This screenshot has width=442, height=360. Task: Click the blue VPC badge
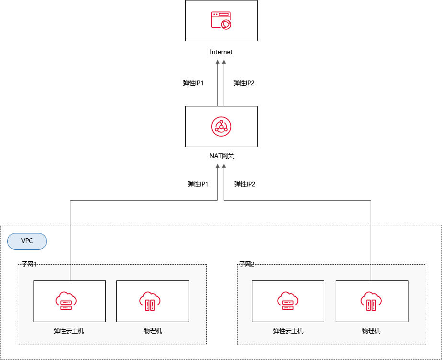27,241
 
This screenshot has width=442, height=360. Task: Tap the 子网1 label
29,264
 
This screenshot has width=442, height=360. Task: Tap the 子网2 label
247,264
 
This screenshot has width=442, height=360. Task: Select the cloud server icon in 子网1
66,301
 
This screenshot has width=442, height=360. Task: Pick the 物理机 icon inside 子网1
149,301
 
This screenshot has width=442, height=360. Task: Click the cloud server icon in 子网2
287,301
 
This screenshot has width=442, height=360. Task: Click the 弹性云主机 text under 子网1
69,331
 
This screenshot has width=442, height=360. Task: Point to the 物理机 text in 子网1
153,331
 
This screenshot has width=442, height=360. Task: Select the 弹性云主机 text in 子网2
288,331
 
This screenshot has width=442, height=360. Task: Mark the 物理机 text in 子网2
371,331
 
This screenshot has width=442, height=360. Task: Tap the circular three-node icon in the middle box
221,126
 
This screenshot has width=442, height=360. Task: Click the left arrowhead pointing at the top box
218,62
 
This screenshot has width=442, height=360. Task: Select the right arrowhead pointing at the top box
224,62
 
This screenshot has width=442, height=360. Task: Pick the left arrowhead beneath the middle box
218,166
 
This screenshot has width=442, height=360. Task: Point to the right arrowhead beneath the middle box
224,166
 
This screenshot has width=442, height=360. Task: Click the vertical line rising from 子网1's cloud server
70,240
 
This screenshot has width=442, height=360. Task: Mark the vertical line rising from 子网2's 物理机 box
371,240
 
